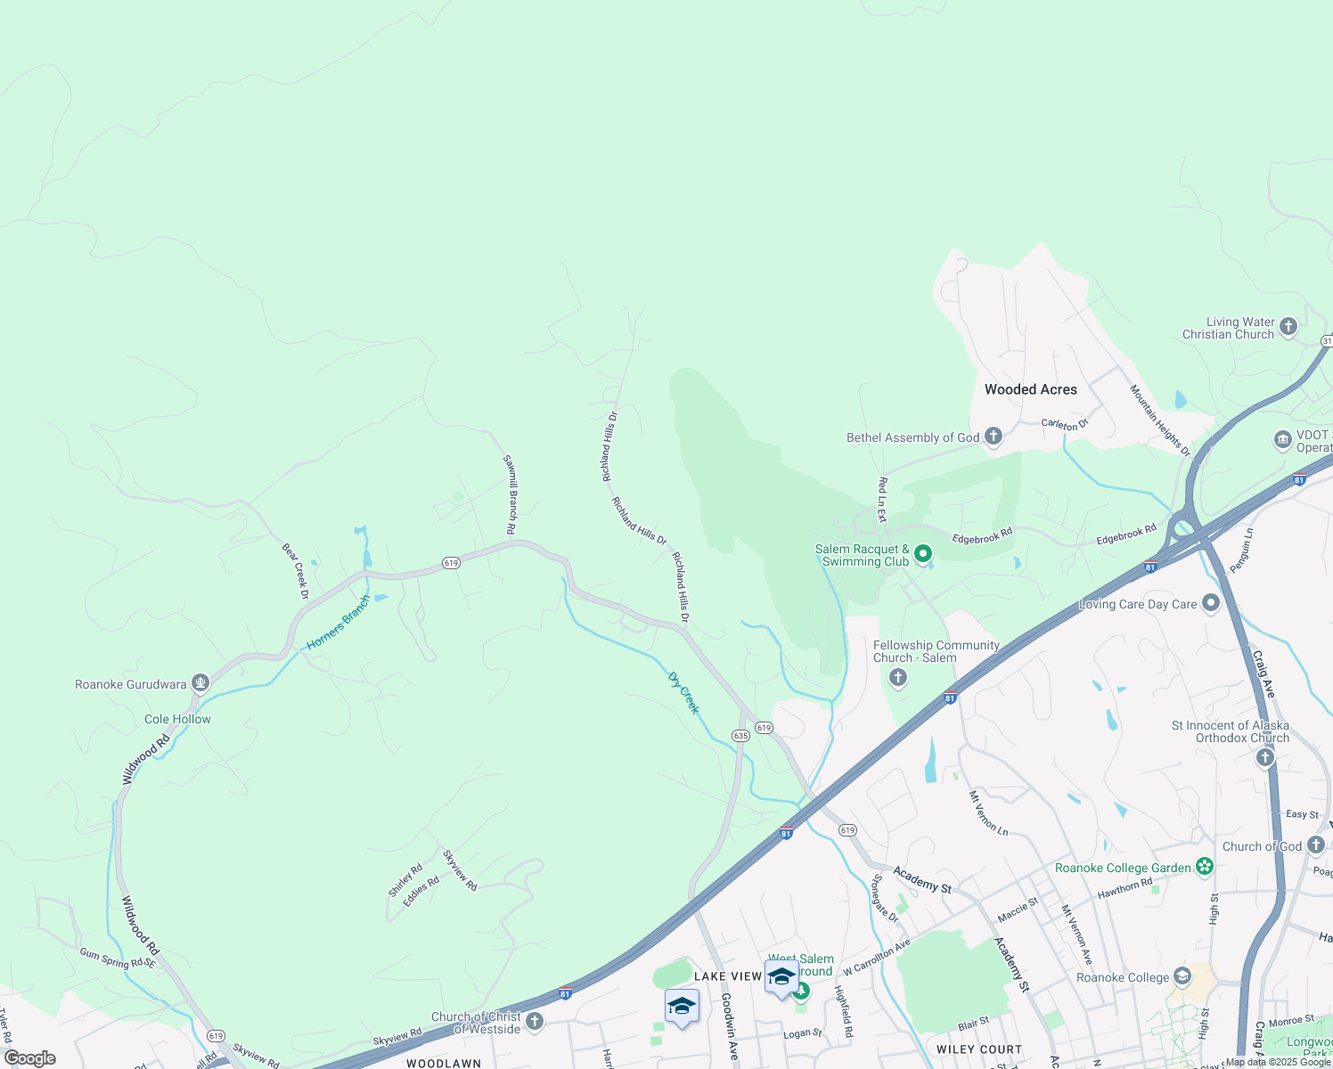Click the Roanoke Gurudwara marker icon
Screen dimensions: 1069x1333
[200, 683]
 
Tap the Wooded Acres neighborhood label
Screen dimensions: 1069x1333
[1030, 389]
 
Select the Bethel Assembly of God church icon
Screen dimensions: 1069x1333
[994, 437]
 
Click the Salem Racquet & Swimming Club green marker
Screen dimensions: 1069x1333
[924, 554]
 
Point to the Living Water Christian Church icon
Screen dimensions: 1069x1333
[1288, 327]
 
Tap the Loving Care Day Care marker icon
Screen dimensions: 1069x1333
[1210, 603]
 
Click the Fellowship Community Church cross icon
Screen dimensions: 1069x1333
[898, 678]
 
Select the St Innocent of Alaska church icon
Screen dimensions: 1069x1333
[1264, 757]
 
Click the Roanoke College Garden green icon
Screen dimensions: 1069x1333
[1205, 866]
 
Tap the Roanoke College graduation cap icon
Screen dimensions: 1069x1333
[1182, 976]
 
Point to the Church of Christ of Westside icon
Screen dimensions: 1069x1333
[535, 1021]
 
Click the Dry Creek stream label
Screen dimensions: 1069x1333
[683, 693]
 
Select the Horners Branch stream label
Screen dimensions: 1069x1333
[338, 624]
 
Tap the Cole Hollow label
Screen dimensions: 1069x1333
[177, 719]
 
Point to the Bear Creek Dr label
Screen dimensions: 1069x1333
[295, 570]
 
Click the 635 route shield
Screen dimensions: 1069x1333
[740, 736]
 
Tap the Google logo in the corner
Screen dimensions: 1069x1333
[29, 1058]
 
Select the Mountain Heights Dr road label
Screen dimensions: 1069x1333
[1159, 420]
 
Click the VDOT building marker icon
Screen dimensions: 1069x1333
[1282, 439]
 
